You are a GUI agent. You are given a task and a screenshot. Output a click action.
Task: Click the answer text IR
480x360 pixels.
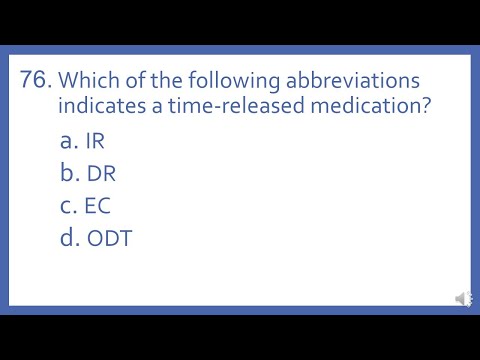click(95, 140)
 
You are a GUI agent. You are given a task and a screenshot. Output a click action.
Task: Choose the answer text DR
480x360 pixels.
click(101, 174)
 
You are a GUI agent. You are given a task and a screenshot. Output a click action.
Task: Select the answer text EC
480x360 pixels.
click(98, 207)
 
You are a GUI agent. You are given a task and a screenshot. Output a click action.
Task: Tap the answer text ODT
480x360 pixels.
click(108, 240)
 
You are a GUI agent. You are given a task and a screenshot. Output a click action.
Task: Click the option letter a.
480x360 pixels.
click(67, 140)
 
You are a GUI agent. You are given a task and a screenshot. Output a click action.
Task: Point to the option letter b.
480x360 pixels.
click(68, 173)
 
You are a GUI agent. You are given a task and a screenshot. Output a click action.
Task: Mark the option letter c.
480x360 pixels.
click(67, 207)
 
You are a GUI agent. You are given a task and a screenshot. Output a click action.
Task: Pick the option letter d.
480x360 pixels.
click(68, 240)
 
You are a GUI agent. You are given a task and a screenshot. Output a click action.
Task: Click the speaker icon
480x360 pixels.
click(463, 298)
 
